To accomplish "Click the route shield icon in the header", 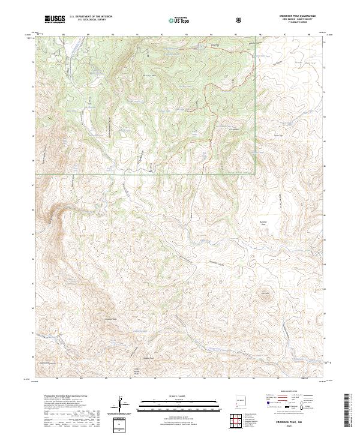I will pos(240,20).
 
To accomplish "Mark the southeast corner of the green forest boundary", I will pos(255,174).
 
